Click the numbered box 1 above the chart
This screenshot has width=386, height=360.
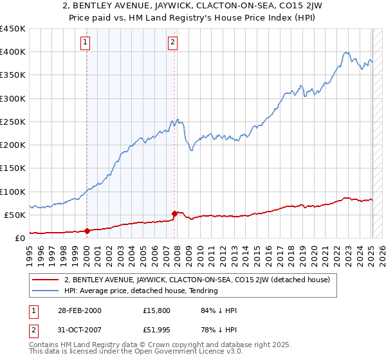pyautogui.click(x=86, y=43)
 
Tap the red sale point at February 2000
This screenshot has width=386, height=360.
pyautogui.click(x=87, y=231)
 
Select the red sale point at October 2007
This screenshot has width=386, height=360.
pyautogui.click(x=175, y=213)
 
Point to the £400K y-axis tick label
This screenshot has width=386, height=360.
pyautogui.click(x=12, y=52)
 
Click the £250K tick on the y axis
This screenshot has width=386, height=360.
pyautogui.click(x=12, y=122)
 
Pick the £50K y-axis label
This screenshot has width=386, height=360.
pyautogui.click(x=15, y=215)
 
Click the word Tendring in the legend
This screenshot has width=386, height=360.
pyautogui.click(x=203, y=291)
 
